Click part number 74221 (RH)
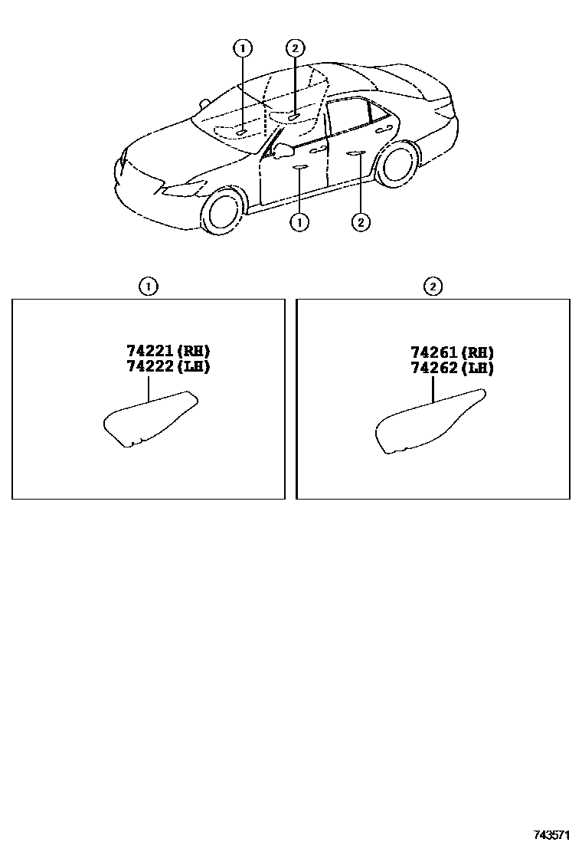coord(168,350)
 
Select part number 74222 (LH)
coord(168,366)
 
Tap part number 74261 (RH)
coord(453,352)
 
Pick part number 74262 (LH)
coord(453,369)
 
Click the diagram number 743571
coord(551,834)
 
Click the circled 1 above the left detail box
coord(149,287)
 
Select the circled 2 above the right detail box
coord(433,287)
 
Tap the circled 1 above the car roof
coord(243,48)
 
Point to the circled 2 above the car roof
coord(295,48)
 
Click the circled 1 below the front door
coord(299,221)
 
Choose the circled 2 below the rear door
coord(361,221)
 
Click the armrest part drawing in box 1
coord(150,419)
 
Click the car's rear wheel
coord(397,163)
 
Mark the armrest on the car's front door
coord(300,166)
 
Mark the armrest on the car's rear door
coord(355,154)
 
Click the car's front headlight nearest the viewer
coord(183,188)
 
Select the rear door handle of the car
coord(384,128)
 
